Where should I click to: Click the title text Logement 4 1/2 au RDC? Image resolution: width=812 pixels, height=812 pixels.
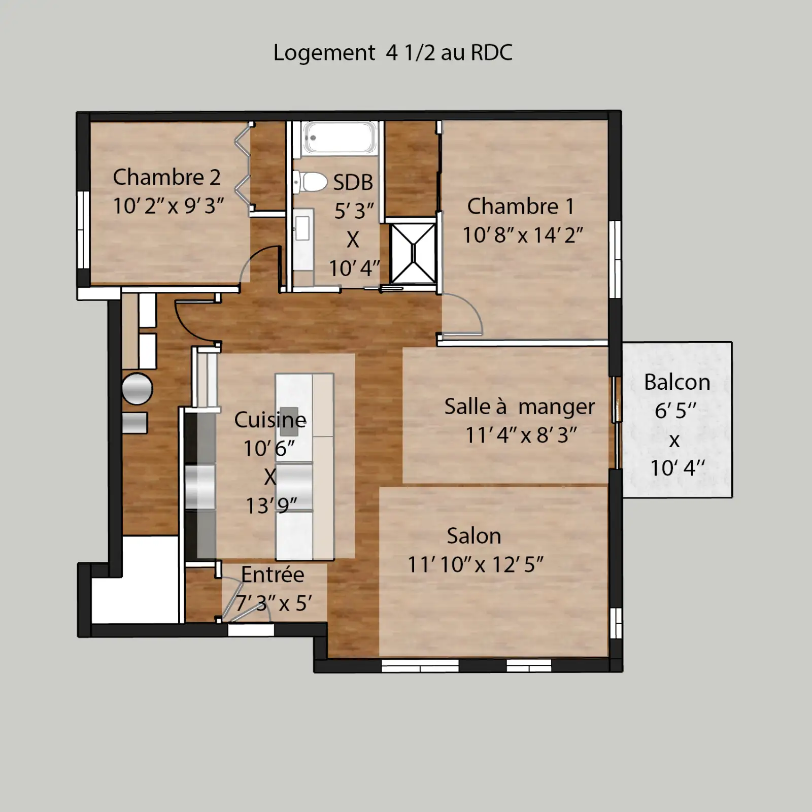point(393,52)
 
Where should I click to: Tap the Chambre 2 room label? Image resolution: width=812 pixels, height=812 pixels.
point(167,177)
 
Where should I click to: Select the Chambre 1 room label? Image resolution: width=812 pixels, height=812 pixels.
point(521,206)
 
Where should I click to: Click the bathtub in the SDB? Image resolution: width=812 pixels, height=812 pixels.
point(340,138)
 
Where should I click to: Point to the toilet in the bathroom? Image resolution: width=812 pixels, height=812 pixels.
point(310,182)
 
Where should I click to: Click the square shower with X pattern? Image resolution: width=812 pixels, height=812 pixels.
point(413,253)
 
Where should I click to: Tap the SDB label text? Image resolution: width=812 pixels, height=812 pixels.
point(353,183)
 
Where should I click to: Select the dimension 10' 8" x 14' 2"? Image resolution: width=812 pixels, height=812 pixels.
point(523,235)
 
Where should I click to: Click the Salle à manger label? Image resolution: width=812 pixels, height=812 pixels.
point(519,407)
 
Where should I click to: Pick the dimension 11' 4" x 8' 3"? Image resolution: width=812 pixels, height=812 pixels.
point(521,435)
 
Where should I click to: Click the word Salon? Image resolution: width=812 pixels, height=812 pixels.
point(474,536)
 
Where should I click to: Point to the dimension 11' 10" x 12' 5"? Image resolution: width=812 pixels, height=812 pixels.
point(476,564)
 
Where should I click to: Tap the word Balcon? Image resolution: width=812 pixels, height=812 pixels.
point(677,382)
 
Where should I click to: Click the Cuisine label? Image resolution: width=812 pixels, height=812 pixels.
point(270,420)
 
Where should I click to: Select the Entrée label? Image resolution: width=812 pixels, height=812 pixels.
point(273,574)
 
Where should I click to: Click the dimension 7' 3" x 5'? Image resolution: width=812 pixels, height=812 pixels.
point(274,603)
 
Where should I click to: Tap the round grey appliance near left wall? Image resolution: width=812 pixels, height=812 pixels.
point(137,389)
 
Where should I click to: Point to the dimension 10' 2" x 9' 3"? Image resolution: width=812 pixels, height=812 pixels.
point(168,206)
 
